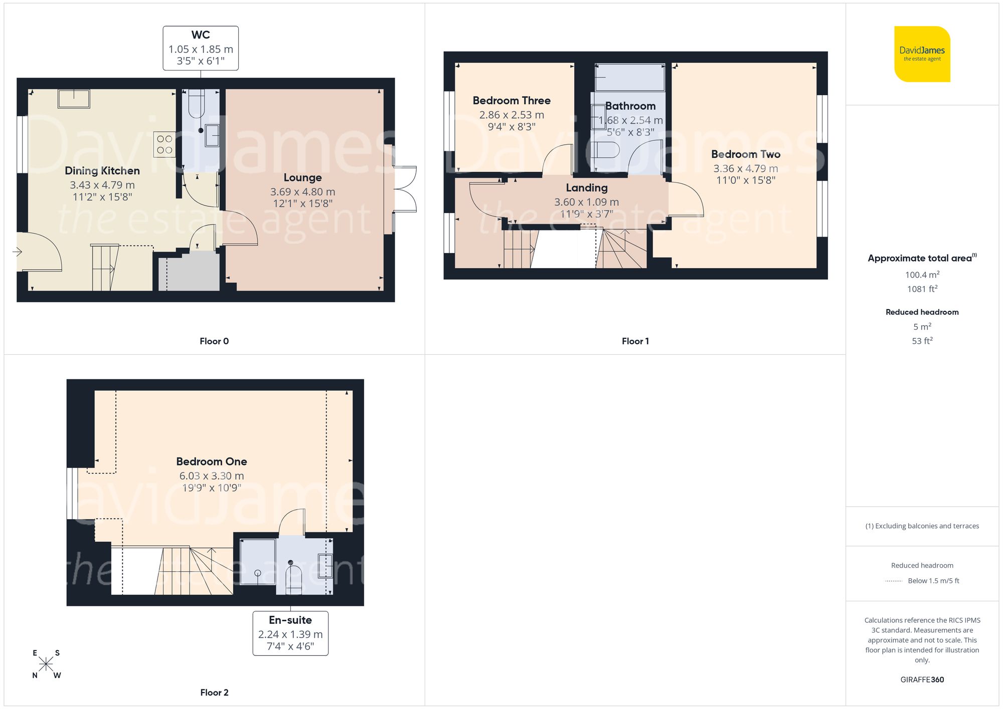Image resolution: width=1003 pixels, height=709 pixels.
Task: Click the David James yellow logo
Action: tap(922, 54)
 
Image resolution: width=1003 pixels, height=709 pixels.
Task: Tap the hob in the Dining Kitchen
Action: tap(164, 144)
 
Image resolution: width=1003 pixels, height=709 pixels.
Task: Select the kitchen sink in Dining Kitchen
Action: tap(74, 99)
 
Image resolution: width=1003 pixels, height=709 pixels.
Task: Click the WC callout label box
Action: tap(201, 48)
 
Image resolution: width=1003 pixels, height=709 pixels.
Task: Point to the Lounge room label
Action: tap(302, 178)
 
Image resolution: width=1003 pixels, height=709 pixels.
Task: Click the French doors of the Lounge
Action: tap(405, 189)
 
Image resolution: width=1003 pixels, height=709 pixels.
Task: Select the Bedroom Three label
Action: tap(512, 101)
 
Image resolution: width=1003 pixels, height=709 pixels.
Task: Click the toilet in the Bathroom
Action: tap(605, 150)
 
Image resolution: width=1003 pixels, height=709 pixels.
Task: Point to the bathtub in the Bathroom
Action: tap(630, 78)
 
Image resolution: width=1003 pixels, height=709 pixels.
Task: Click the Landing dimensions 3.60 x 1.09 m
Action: tap(586, 202)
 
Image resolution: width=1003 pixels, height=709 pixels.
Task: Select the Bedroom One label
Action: tap(211, 461)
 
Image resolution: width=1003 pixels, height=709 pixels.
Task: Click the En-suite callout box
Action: tap(290, 633)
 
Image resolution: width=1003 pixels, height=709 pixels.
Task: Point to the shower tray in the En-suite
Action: tap(258, 561)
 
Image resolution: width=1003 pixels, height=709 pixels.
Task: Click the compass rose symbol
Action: tap(46, 664)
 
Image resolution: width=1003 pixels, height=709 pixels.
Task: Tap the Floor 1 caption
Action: tap(635, 341)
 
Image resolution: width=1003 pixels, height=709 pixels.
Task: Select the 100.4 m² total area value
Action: tap(922, 275)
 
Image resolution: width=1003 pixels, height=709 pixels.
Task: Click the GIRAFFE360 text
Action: tap(922, 680)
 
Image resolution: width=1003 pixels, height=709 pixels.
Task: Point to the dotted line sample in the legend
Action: tap(894, 581)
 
